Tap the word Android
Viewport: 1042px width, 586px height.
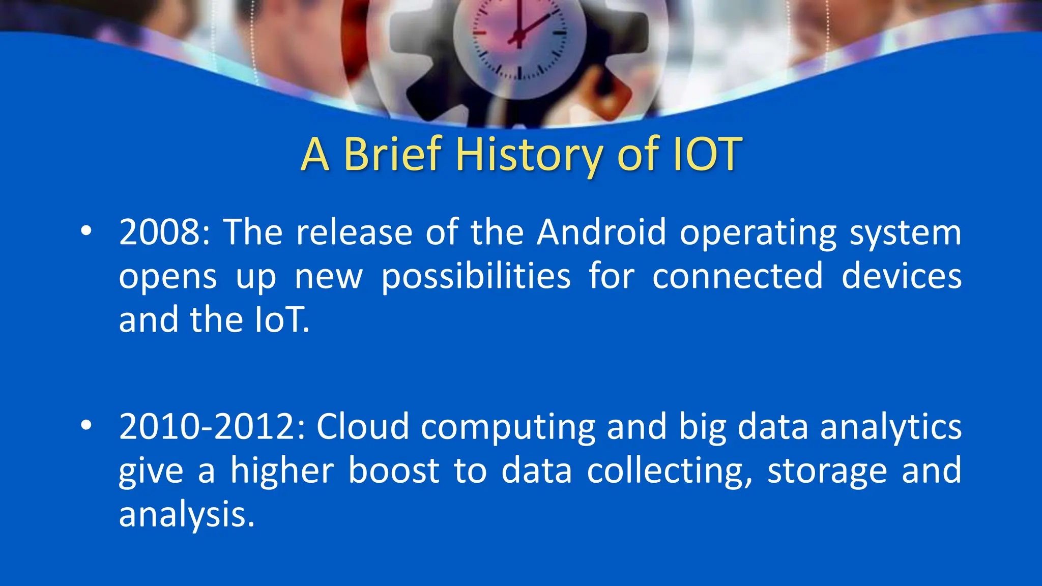coord(601,232)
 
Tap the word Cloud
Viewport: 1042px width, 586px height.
coord(362,427)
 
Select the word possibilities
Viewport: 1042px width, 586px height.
coord(476,276)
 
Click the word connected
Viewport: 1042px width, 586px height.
coord(737,276)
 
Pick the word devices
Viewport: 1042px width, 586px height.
coord(901,276)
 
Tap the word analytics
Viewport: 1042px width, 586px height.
coord(891,427)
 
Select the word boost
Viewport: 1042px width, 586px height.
coord(394,471)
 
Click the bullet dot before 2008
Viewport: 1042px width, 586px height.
coord(86,231)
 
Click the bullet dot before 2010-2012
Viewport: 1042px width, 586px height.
coord(86,425)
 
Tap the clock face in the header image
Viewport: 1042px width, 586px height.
coord(519,38)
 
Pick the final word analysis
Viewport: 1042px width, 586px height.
coord(186,515)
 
